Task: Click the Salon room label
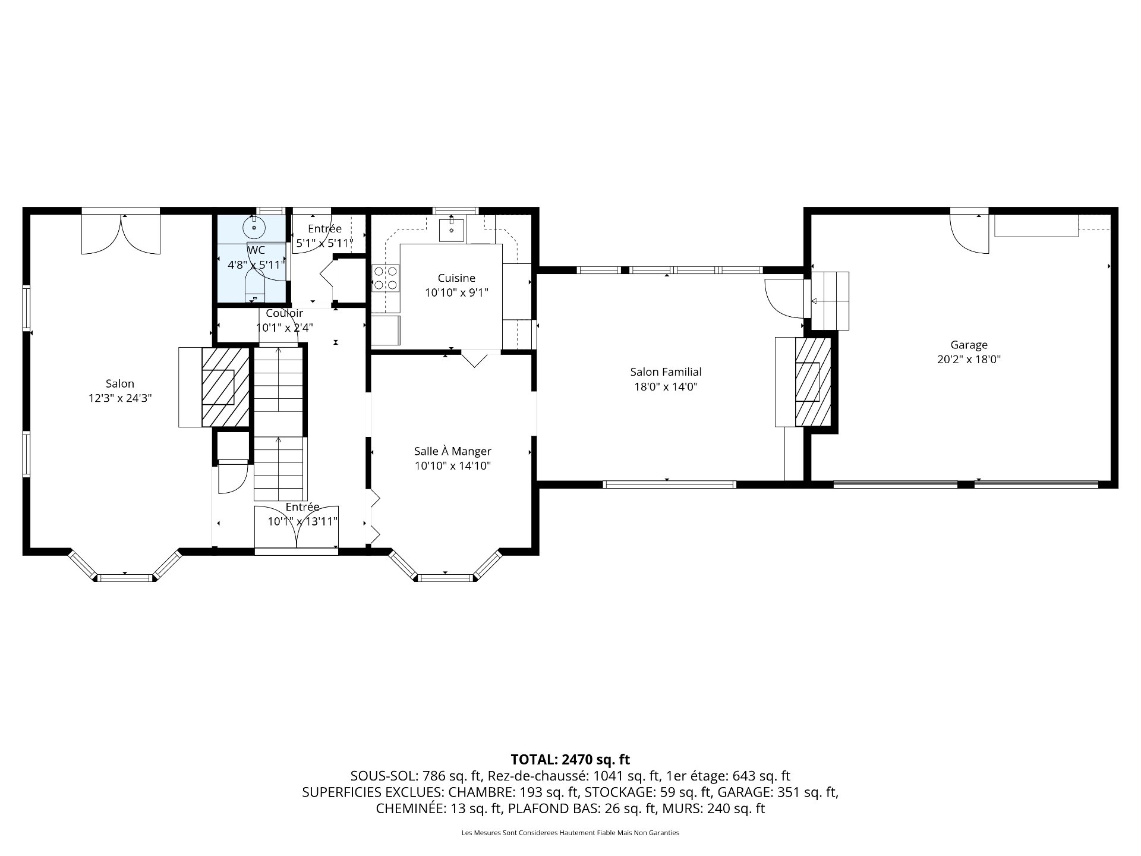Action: click(x=120, y=383)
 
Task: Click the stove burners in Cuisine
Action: click(x=385, y=278)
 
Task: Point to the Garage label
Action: click(x=969, y=345)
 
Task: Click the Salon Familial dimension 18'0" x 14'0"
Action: click(x=666, y=387)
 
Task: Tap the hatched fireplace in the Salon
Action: click(x=225, y=387)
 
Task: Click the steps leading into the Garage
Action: click(x=831, y=301)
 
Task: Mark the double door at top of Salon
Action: click(x=121, y=234)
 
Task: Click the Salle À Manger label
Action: click(x=452, y=451)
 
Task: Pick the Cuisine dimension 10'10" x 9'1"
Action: click(x=456, y=292)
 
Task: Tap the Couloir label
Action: click(x=284, y=313)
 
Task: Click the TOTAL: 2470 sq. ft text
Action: click(x=570, y=759)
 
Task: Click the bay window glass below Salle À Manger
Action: click(x=446, y=577)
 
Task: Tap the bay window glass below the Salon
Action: click(x=125, y=577)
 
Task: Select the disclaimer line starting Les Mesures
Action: click(x=570, y=833)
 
